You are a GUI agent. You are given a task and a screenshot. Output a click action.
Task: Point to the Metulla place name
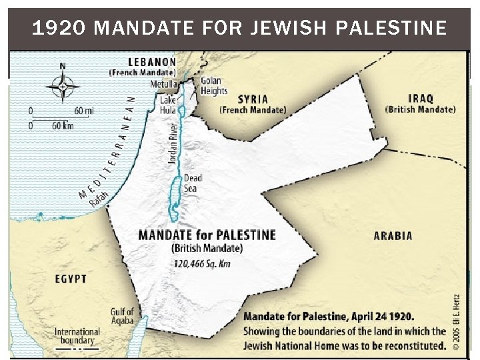point(165,85)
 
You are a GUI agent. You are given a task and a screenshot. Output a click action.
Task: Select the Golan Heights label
point(214,86)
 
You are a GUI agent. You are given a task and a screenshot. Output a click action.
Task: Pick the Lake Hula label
point(168,105)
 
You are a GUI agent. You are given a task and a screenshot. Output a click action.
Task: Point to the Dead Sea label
point(193,183)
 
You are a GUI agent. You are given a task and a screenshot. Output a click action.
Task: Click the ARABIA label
point(392,235)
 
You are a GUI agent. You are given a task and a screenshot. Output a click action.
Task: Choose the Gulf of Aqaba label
point(122,316)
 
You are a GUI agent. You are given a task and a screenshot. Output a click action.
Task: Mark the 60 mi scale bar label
point(83,110)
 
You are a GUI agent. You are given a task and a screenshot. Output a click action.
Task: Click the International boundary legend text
point(77,335)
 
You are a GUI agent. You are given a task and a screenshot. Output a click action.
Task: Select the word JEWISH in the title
point(278,28)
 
